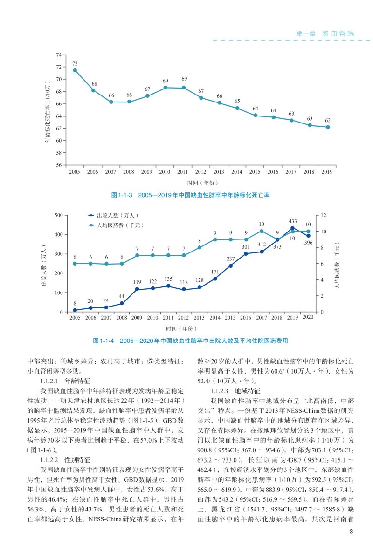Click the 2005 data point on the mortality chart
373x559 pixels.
pos(75,70)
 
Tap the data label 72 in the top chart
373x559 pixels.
pos(75,63)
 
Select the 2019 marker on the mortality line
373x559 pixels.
pos(328,127)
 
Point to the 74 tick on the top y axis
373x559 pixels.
pos(58,55)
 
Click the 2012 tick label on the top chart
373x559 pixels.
pos(200,172)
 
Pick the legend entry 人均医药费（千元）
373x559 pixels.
pos(119,225)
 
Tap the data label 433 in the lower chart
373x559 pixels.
pos(292,221)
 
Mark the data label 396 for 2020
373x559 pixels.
pos(308,243)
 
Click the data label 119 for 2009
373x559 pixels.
pos(137,282)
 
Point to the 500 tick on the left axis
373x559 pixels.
pos(58,215)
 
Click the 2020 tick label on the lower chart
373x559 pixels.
pos(308,318)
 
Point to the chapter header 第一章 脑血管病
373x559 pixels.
pos(325,34)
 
